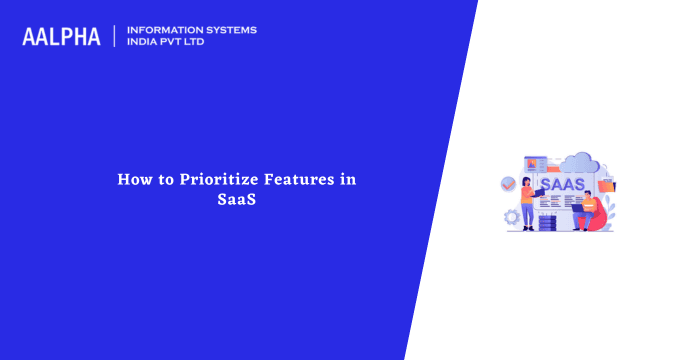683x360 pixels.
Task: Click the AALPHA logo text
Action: click(x=61, y=37)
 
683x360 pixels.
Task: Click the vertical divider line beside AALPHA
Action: click(x=114, y=36)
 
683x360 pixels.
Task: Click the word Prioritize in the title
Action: click(x=211, y=180)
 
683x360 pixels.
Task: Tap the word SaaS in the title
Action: click(x=236, y=199)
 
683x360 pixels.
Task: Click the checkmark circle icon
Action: click(x=509, y=184)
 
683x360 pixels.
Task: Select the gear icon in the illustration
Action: click(x=512, y=215)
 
